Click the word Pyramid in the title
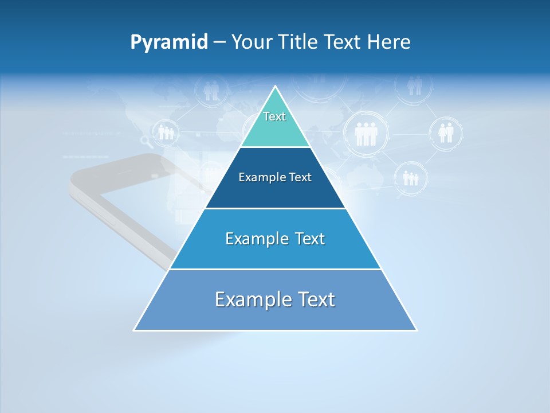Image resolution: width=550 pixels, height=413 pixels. coord(169,42)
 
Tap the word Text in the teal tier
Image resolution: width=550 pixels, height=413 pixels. coord(274,117)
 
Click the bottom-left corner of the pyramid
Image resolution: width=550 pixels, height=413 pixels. coord(135,330)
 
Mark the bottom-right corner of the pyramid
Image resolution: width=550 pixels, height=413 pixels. coord(416,330)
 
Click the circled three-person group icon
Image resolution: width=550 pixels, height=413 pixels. coord(366,134)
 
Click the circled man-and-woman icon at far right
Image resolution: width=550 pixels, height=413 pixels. coord(446,133)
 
